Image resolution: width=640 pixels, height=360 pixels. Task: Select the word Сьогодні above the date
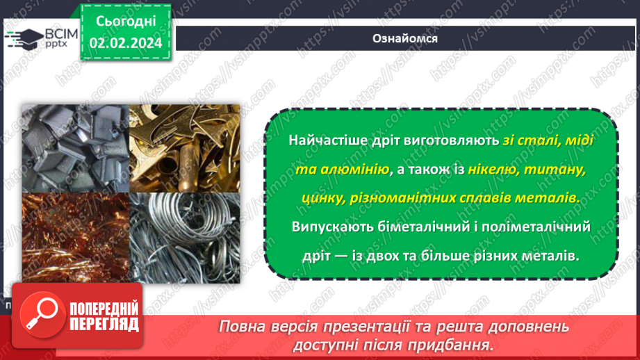pos(125,21)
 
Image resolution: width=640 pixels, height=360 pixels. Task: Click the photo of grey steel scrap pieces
pos(75,147)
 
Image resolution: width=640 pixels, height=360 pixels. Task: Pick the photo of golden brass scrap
pos(185,147)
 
